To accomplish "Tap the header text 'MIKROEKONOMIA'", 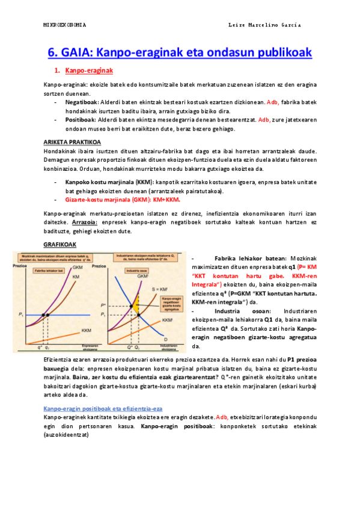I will [65, 25].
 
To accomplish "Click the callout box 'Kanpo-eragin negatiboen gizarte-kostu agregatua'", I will [171, 307].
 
